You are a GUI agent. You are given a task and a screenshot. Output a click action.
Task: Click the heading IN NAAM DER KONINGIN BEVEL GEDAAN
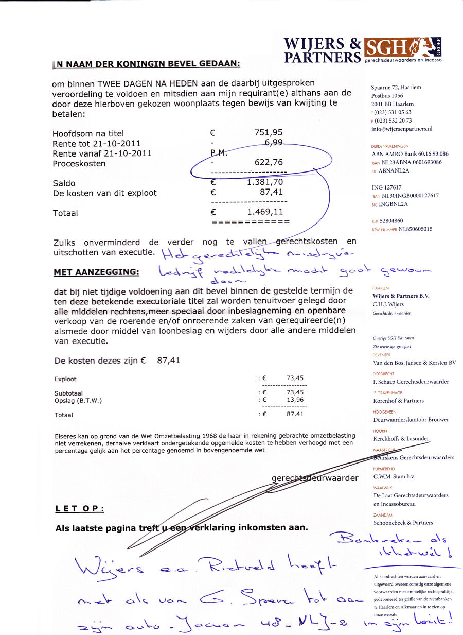[146, 64]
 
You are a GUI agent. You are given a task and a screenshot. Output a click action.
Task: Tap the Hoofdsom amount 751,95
[268, 133]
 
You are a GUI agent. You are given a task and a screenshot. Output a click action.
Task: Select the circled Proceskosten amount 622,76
[268, 163]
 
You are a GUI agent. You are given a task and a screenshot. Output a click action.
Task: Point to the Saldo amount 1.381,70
[264, 182]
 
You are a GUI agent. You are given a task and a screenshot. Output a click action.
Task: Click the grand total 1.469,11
[264, 212]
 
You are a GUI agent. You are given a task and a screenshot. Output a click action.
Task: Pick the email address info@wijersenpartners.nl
[401, 129]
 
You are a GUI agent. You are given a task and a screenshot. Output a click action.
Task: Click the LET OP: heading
[79, 509]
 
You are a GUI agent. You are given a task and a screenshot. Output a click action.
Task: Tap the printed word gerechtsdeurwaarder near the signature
[315, 478]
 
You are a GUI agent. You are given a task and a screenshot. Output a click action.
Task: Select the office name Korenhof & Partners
[398, 401]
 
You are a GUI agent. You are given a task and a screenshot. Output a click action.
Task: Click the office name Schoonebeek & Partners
[403, 523]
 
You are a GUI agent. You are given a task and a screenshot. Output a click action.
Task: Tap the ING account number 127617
[394, 188]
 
